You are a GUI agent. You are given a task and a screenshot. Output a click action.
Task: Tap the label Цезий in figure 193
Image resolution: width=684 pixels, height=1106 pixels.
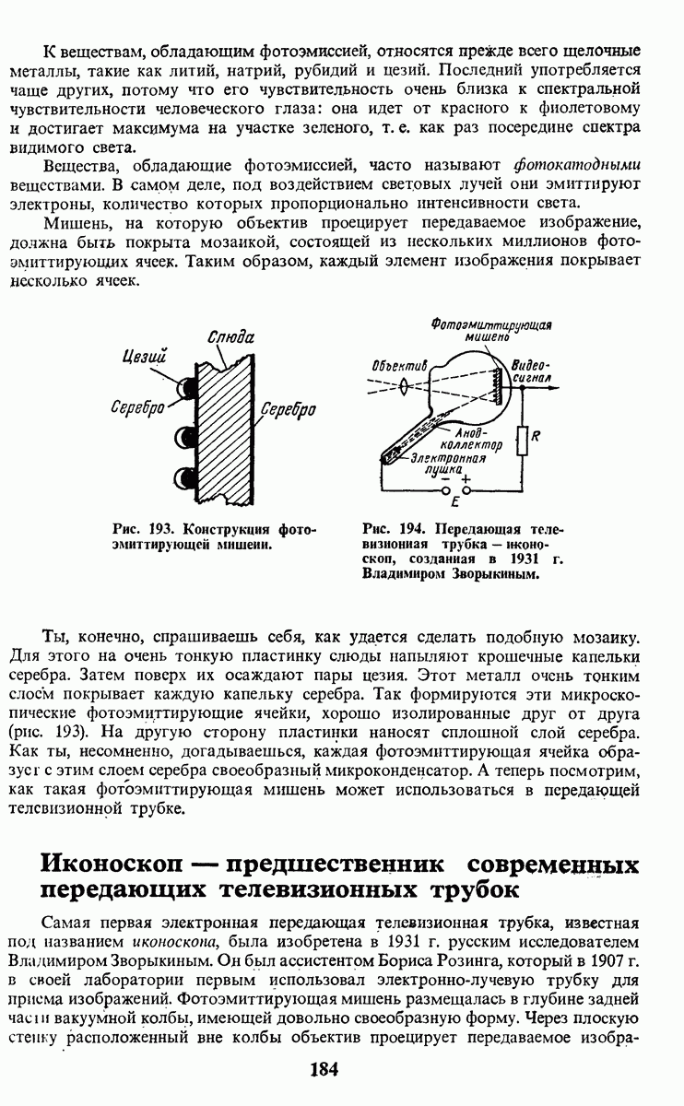tap(147, 355)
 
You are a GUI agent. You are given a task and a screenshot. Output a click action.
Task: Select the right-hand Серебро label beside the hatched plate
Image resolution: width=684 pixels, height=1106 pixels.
tap(289, 408)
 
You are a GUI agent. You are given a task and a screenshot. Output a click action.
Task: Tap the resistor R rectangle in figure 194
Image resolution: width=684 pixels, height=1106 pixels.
tap(522, 441)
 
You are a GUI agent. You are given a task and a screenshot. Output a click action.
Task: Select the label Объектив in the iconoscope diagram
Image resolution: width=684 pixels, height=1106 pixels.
tap(400, 365)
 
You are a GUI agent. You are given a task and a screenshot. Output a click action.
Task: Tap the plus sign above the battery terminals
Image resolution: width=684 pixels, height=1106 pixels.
tap(466, 478)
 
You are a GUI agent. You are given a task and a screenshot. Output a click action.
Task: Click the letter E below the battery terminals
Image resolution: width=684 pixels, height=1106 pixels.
tap(454, 504)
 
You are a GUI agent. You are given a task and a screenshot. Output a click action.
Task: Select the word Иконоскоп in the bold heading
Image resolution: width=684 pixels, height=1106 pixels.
tap(112, 866)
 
